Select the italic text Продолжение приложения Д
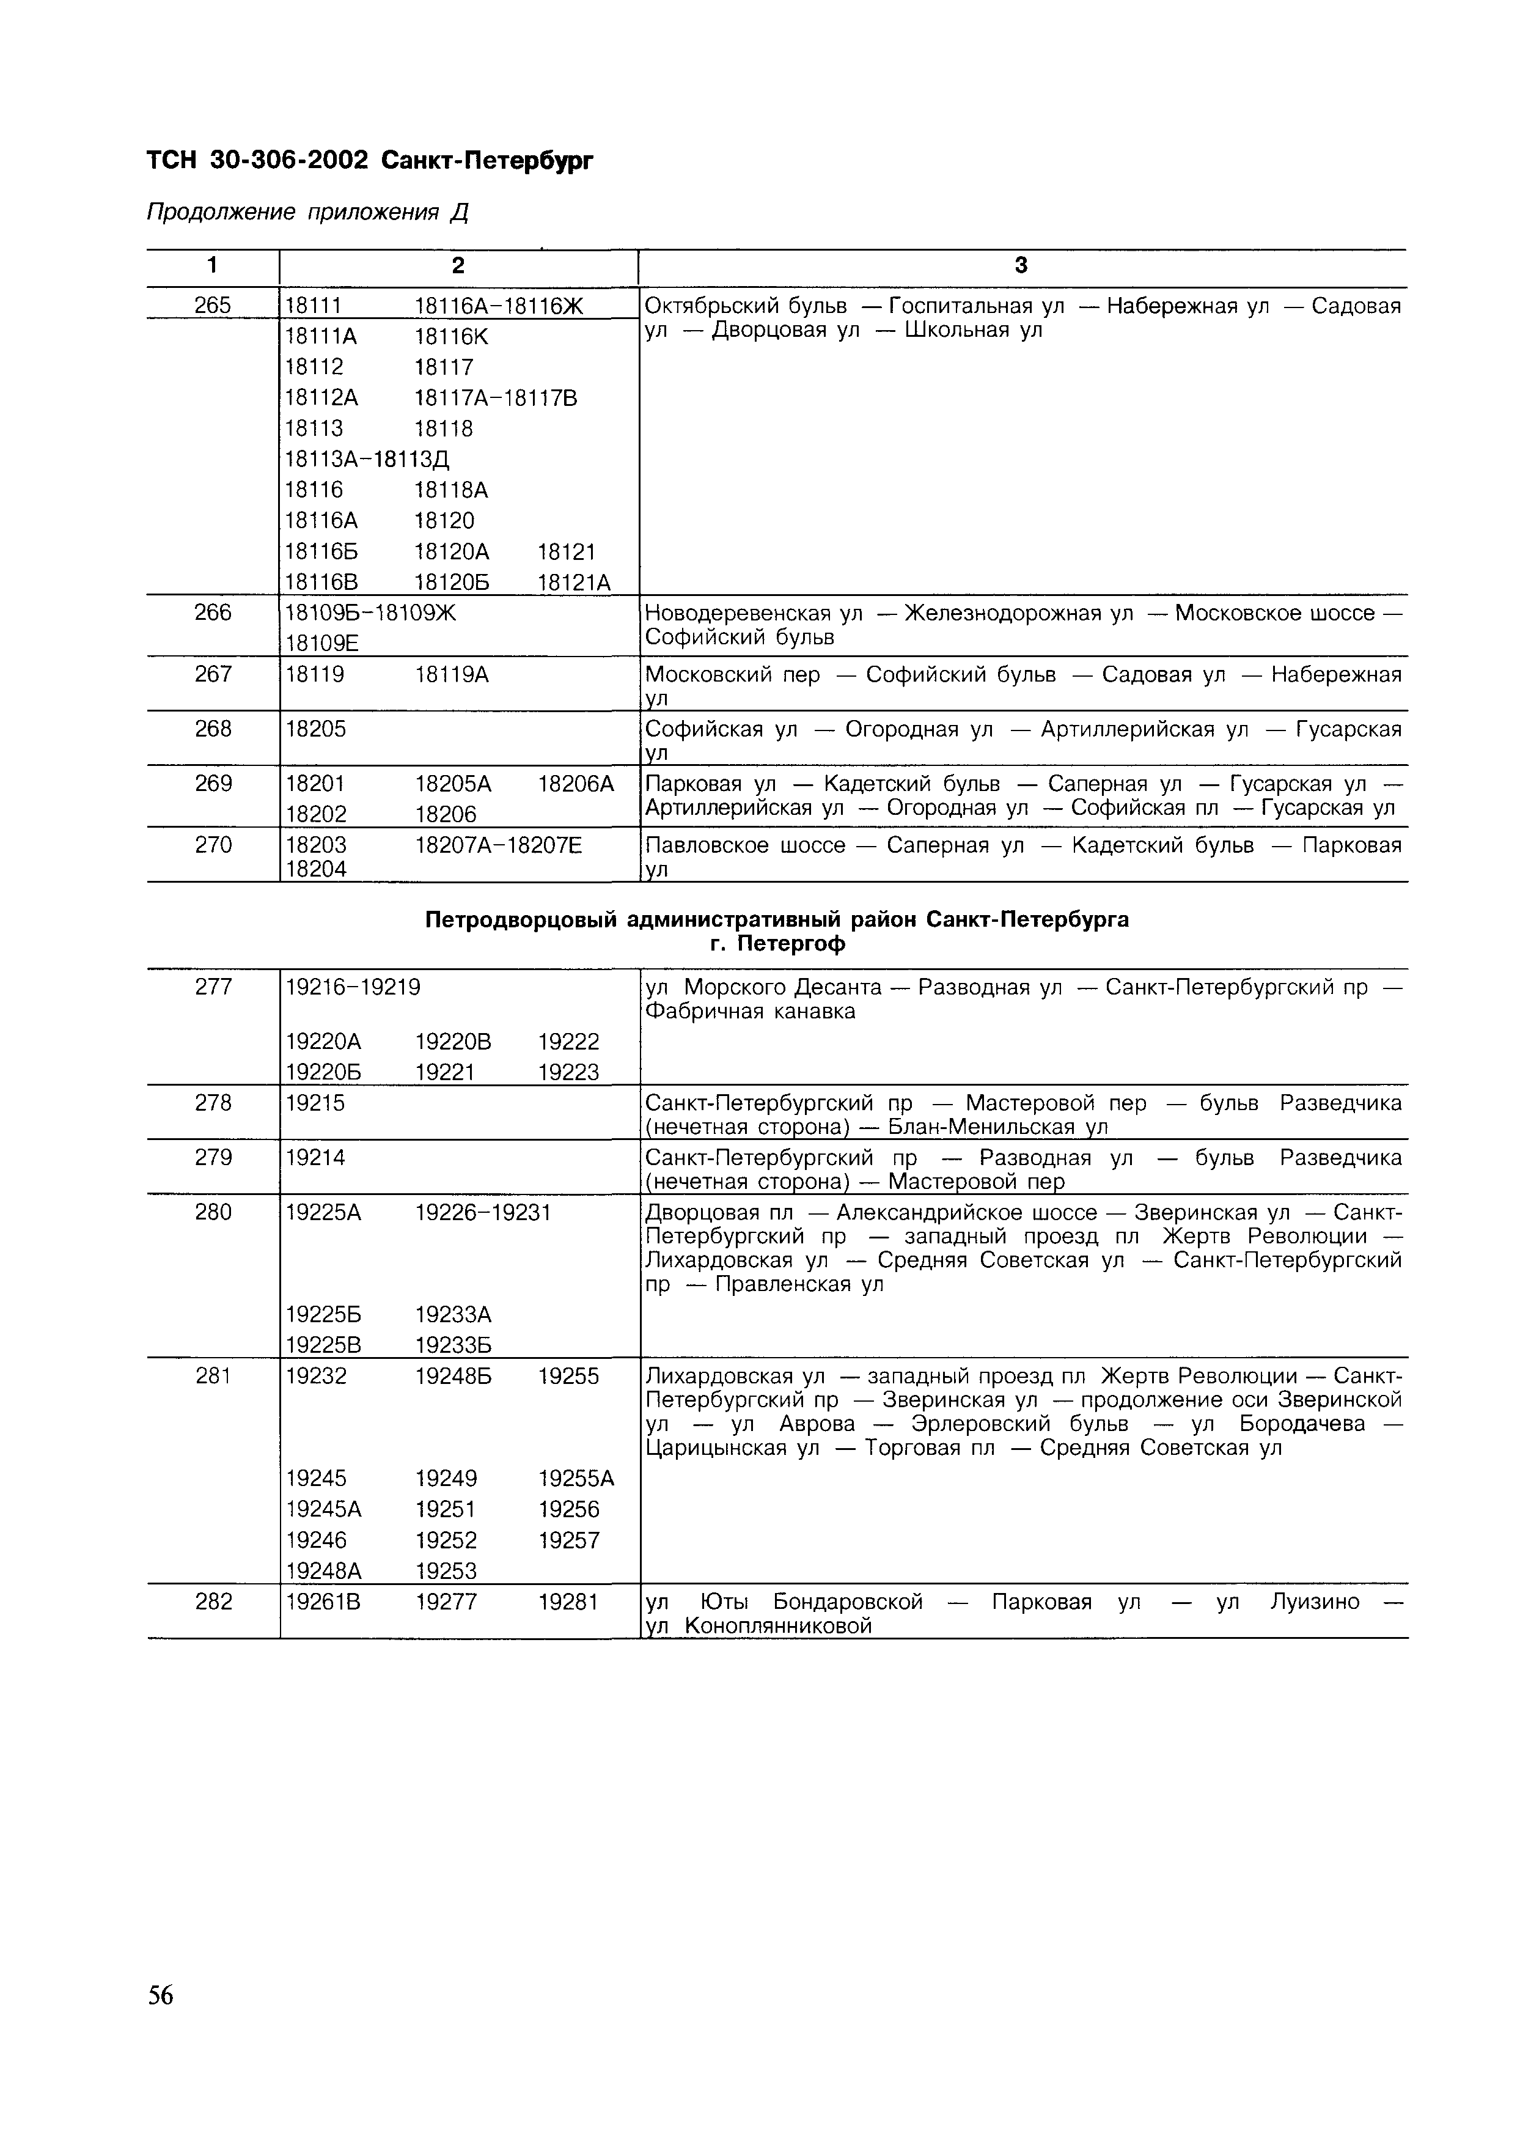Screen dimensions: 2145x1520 coord(307,213)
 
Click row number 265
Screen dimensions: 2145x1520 coord(213,305)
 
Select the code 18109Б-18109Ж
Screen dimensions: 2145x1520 coord(370,613)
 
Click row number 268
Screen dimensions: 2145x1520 coord(213,728)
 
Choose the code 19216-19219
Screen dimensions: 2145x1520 coord(353,987)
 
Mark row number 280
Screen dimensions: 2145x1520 coord(213,1212)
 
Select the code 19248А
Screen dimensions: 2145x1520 coord(323,1570)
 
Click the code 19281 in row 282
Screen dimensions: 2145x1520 coord(567,1602)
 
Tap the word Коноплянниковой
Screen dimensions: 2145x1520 coord(778,1625)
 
